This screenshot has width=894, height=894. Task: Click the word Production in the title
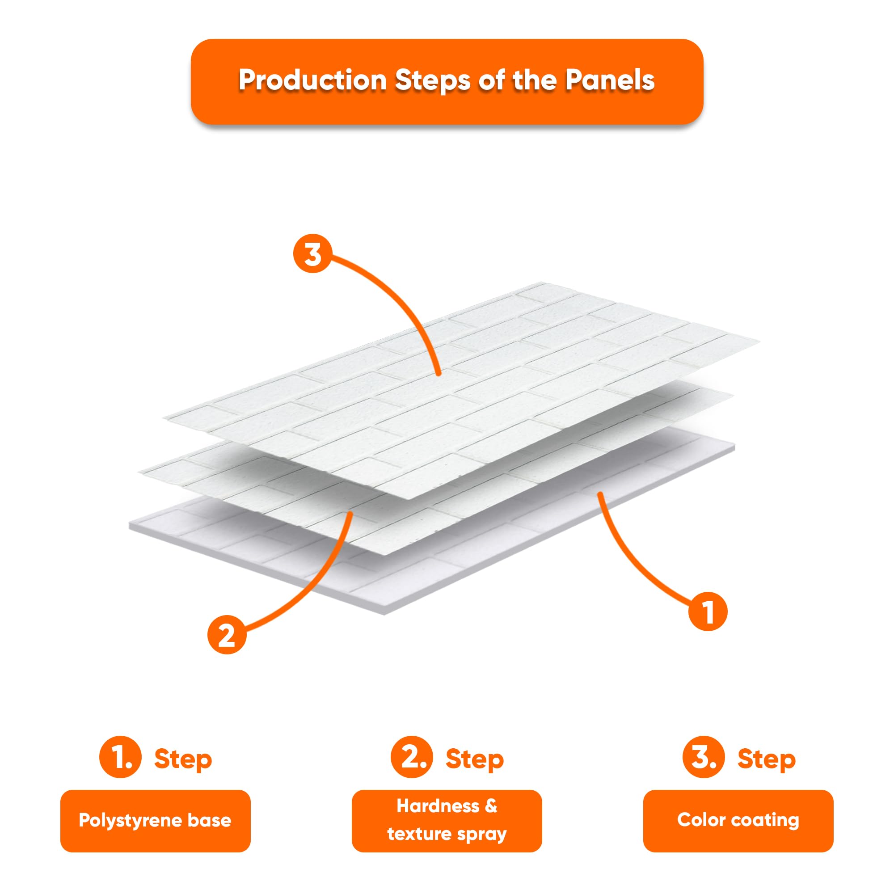(312, 80)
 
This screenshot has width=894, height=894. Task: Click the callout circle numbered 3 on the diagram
(313, 253)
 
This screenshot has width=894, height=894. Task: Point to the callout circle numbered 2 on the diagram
(227, 635)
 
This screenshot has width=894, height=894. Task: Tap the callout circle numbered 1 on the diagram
(708, 611)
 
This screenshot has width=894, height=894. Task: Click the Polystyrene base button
(155, 820)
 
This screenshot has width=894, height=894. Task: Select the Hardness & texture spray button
(447, 820)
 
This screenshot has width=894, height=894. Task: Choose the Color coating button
(738, 820)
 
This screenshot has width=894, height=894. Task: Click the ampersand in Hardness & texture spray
(491, 806)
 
